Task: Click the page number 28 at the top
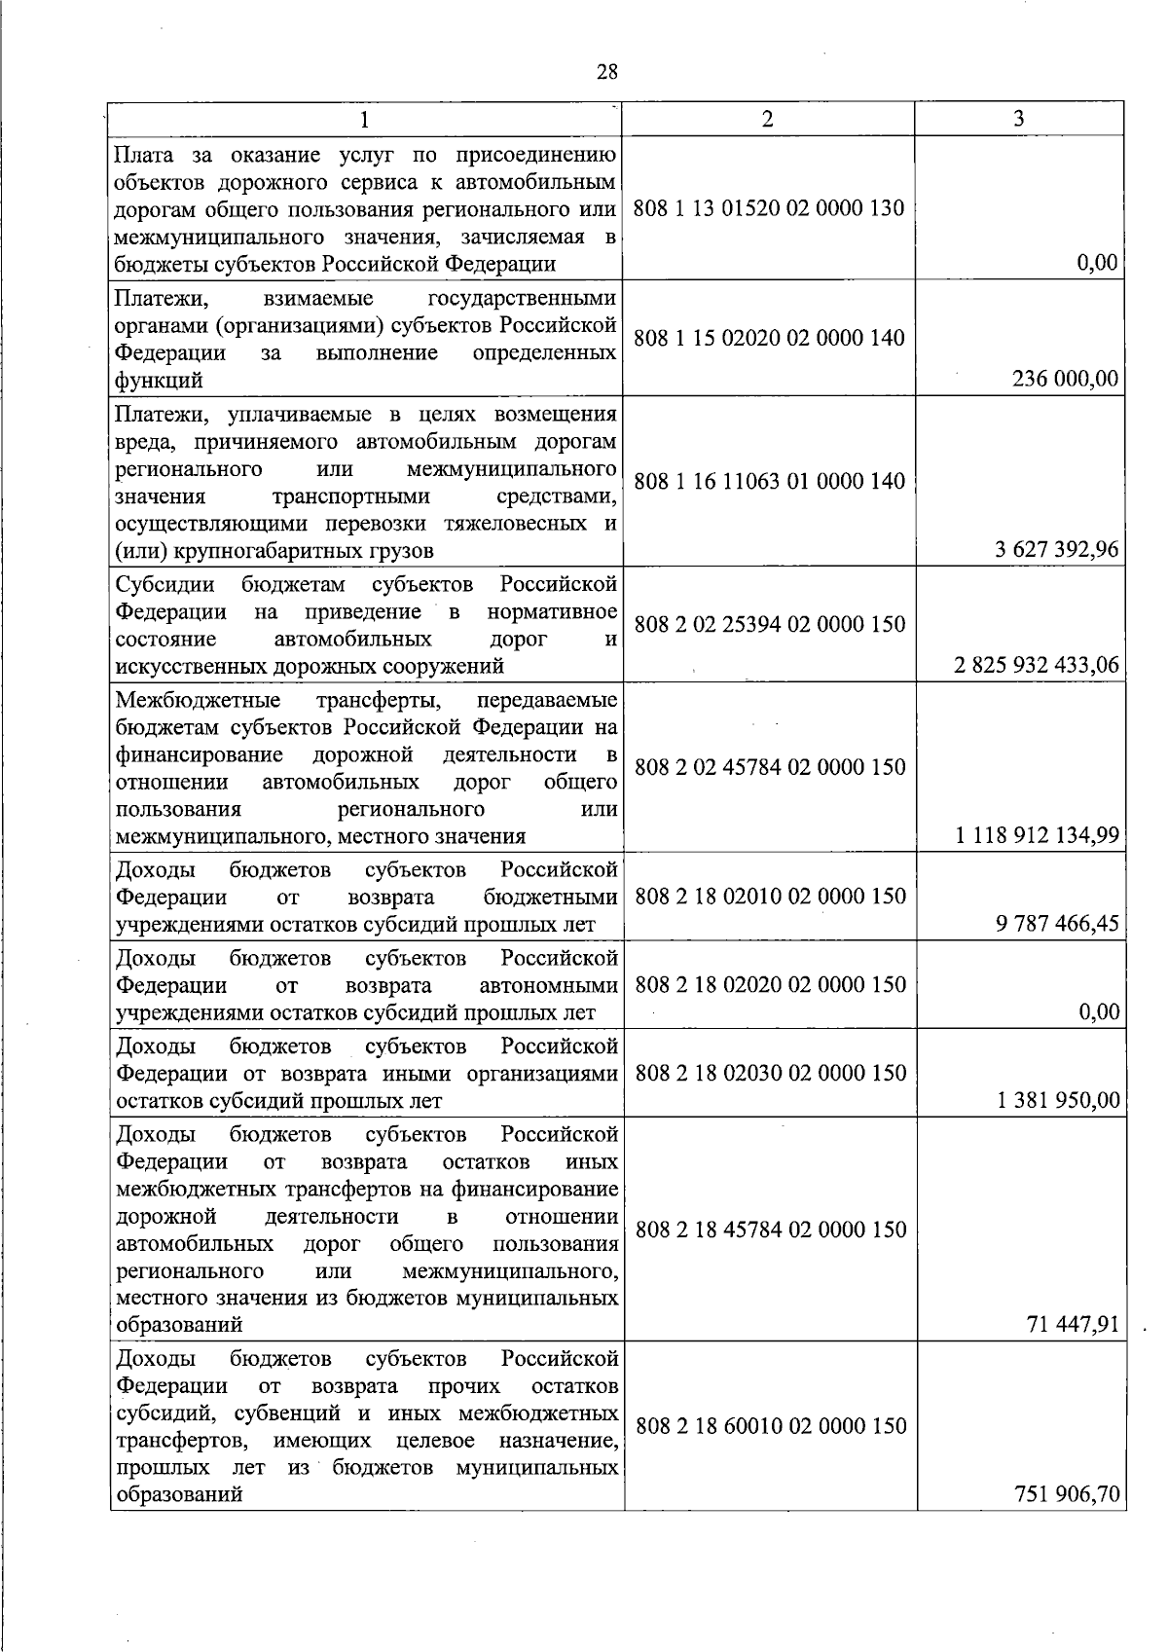pos(606,72)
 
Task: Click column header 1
pos(364,120)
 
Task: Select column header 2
pos(768,119)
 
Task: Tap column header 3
pos(1018,119)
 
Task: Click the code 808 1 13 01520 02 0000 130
pos(769,208)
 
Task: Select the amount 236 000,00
pos(1066,380)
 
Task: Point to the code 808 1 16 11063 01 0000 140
pos(769,481)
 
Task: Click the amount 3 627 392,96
pos(1056,550)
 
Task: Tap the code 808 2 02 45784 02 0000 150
pos(769,767)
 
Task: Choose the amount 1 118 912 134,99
pos(1037,835)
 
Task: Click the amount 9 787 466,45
pos(1057,923)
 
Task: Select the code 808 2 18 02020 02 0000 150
pos(770,985)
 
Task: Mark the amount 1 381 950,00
pos(1058,1101)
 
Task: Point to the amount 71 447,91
pos(1073,1324)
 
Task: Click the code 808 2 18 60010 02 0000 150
pos(770,1426)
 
